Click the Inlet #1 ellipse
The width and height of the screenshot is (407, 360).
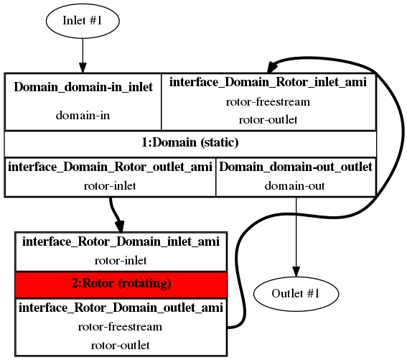[83, 21]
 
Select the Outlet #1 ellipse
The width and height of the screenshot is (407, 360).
[296, 294]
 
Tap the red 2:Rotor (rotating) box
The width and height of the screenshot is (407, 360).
[121, 285]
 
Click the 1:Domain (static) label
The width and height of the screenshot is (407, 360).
[190, 142]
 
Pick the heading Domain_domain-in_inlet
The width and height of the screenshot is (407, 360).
[83, 87]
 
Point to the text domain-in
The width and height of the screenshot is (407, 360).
[83, 115]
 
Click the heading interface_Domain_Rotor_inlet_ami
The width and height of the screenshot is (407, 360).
[268, 82]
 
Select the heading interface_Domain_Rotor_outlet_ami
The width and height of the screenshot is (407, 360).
[110, 167]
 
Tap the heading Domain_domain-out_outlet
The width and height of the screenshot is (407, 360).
[296, 167]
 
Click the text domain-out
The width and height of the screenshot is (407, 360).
[294, 186]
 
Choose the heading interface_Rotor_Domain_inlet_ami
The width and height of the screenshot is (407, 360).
[121, 241]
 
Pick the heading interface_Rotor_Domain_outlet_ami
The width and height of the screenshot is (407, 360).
[121, 308]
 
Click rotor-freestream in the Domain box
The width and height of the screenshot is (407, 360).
[268, 101]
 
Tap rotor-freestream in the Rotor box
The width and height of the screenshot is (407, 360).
[120, 327]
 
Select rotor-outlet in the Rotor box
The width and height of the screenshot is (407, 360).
[120, 346]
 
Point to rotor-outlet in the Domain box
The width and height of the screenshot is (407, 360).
[268, 120]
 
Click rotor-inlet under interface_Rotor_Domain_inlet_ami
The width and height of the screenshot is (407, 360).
[121, 260]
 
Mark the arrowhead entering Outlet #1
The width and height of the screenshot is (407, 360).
[296, 272]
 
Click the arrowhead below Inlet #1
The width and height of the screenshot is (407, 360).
[83, 68]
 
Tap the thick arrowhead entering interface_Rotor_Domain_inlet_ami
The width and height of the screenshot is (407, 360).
[120, 226]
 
